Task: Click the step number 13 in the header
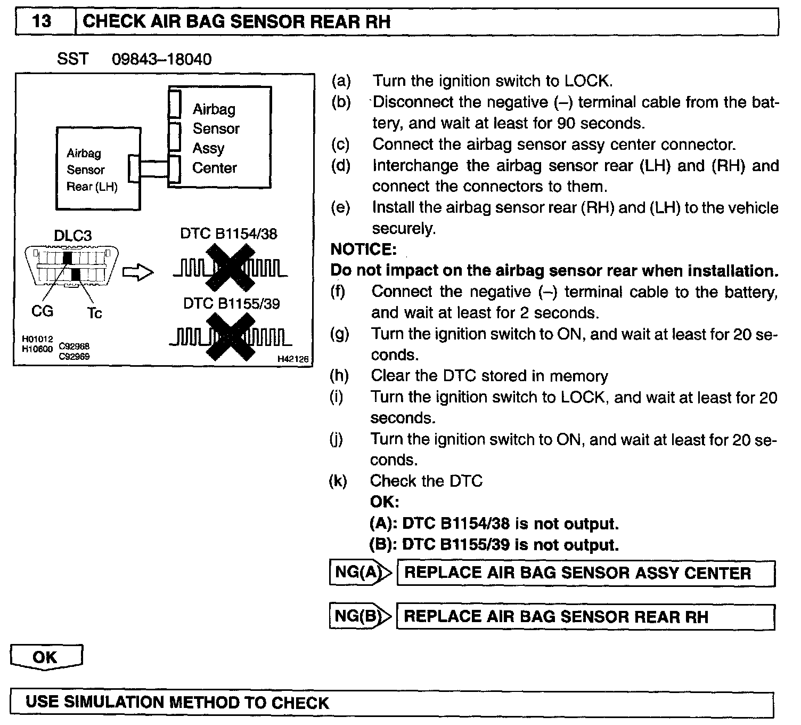pyautogui.click(x=42, y=22)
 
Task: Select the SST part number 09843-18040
pyautogui.click(x=161, y=59)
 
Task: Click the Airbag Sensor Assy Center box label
pyautogui.click(x=216, y=139)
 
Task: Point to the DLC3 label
pyautogui.click(x=72, y=236)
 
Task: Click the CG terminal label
pyautogui.click(x=42, y=311)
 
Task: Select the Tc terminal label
pyautogui.click(x=94, y=313)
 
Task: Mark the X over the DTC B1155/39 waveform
pyautogui.click(x=230, y=336)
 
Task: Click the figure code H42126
pyautogui.click(x=292, y=359)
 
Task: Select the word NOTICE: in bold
pyautogui.click(x=364, y=249)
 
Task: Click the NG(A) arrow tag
pyautogui.click(x=360, y=573)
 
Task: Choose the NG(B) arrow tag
pyautogui.click(x=360, y=616)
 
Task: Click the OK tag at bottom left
pyautogui.click(x=46, y=657)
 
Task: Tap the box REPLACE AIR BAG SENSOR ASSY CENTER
pyautogui.click(x=585, y=573)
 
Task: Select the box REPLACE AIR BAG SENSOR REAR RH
pyautogui.click(x=585, y=617)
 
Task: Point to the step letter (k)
pyautogui.click(x=338, y=481)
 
